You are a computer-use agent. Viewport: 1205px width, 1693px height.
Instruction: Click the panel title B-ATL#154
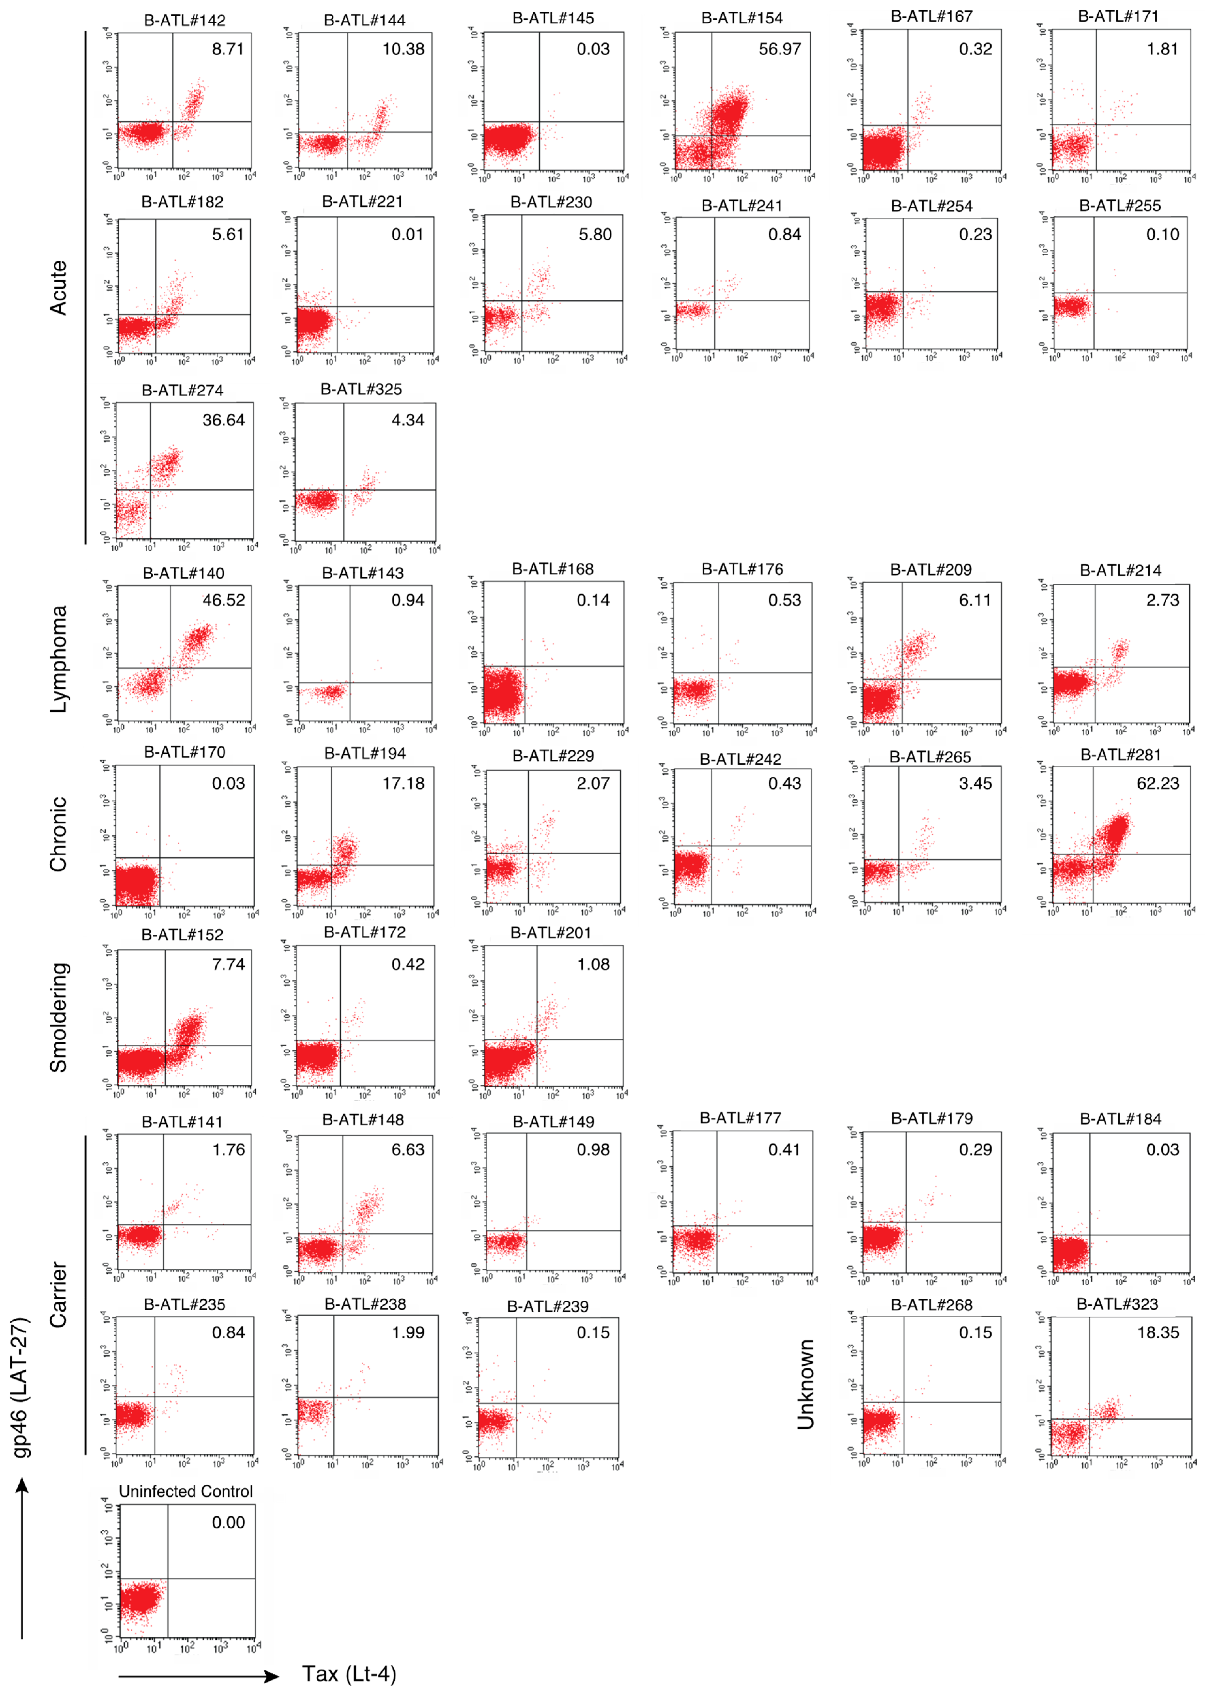coord(741,18)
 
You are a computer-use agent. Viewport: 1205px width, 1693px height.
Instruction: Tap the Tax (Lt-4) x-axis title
coord(349,1674)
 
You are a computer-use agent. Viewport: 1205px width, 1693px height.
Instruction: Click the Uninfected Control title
coord(186,1491)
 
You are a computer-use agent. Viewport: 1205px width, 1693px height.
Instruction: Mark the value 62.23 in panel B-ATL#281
coord(1157,783)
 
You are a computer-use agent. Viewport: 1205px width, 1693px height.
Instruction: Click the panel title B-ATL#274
coord(182,390)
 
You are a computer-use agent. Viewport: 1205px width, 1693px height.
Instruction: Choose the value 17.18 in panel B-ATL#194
coord(403,783)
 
